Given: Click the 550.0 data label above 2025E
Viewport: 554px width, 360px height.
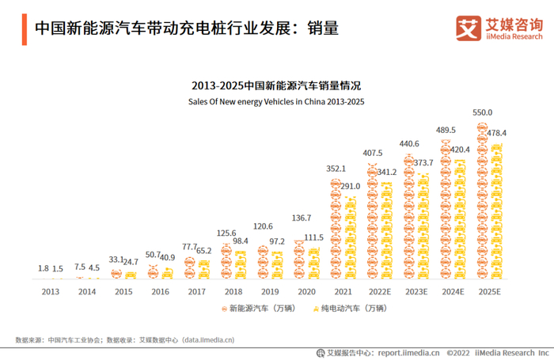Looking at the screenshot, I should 482,113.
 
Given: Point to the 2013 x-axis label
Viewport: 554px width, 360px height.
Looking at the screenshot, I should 51,291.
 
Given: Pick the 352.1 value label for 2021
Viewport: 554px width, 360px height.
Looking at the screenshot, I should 337,169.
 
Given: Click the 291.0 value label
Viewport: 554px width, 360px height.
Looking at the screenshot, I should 350,186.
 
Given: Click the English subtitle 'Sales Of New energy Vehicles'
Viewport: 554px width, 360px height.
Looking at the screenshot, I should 276,102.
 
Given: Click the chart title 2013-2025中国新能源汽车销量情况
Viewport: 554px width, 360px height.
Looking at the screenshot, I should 276,85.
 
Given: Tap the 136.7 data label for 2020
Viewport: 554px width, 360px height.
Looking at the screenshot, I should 302,218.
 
